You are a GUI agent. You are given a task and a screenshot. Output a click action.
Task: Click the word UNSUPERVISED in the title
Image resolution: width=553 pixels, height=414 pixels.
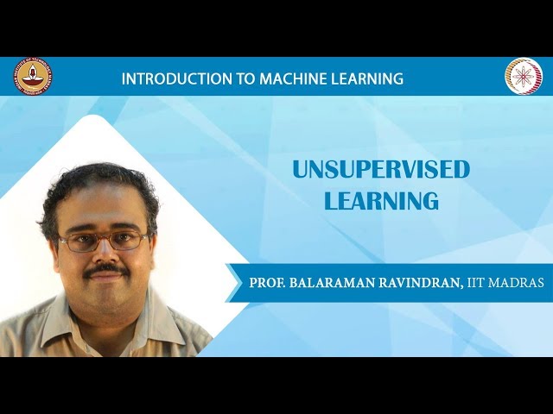point(380,170)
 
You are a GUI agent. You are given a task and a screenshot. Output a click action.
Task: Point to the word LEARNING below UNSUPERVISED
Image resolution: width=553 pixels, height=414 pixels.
point(381,202)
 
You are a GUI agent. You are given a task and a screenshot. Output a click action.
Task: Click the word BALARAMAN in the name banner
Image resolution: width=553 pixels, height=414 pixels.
point(338,284)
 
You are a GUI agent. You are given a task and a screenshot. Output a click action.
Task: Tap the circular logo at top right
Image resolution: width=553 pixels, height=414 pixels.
point(523,76)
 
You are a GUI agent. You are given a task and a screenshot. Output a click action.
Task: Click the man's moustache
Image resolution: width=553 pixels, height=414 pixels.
point(107,271)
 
